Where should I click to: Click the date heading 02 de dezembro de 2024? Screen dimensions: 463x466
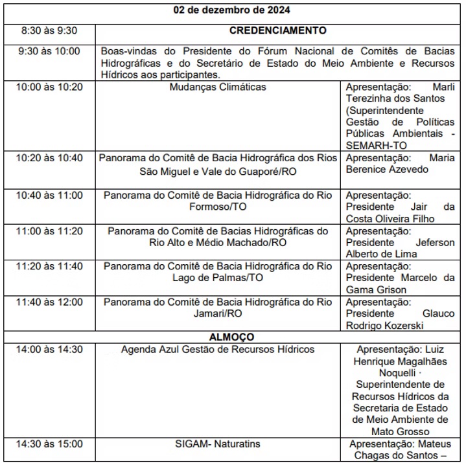[233, 10]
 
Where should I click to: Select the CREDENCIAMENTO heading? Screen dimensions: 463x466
[277, 30]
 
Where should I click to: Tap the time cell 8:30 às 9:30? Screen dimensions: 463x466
[49, 30]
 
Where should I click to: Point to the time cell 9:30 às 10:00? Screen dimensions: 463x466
[50, 51]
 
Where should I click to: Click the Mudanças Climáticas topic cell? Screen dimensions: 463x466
[217, 87]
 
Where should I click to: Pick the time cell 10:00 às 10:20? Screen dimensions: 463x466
[50, 87]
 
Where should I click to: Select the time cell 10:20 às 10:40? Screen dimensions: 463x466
[50, 157]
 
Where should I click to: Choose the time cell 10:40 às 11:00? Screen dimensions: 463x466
[50, 195]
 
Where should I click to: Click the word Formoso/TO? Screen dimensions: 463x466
[217, 207]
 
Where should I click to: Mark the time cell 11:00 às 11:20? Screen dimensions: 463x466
[50, 231]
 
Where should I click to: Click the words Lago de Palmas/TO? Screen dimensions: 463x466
[217, 278]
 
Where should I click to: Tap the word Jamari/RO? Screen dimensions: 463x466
[217, 313]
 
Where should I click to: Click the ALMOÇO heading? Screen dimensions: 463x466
[231, 337]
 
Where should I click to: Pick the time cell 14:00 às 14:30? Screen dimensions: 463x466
[50, 350]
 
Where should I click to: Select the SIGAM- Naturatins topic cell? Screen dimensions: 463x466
[217, 444]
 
